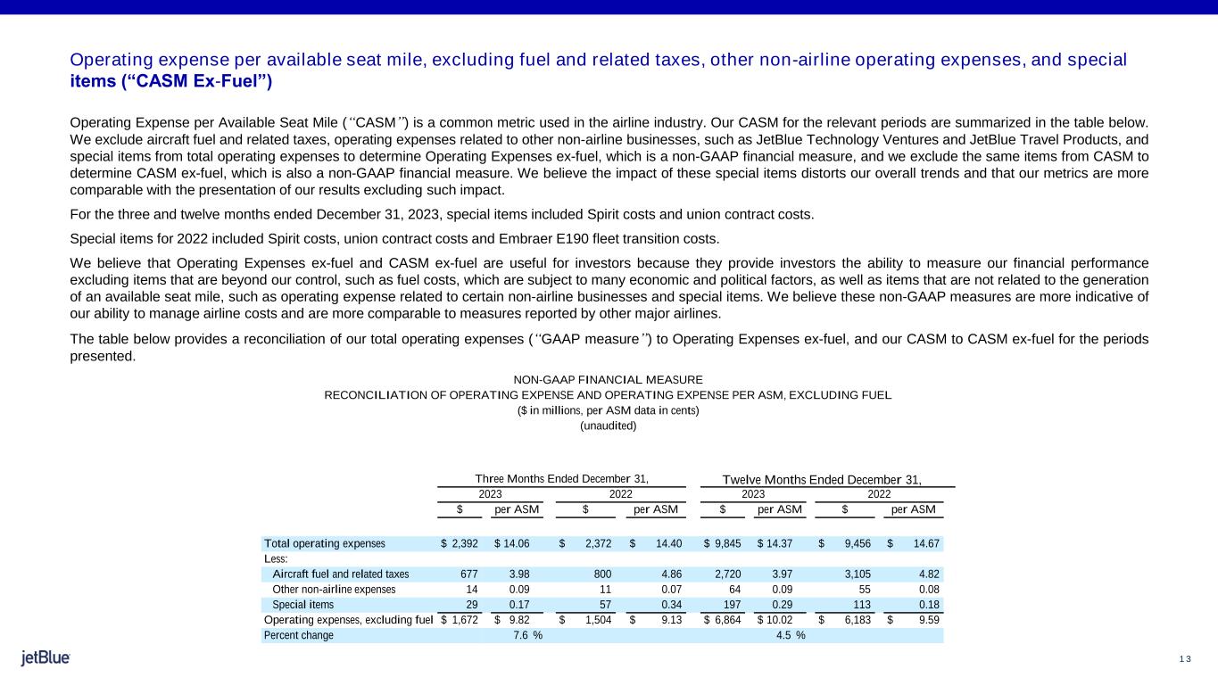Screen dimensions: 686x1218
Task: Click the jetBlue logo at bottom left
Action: [46, 658]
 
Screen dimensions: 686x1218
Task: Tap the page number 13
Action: [1185, 659]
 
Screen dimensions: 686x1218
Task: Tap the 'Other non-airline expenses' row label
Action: [333, 590]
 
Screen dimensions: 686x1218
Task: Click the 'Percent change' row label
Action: [299, 635]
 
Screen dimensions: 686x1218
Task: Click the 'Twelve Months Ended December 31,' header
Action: [821, 479]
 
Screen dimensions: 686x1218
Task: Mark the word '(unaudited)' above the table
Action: [609, 426]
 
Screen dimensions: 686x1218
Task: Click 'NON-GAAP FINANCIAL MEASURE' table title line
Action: [609, 380]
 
